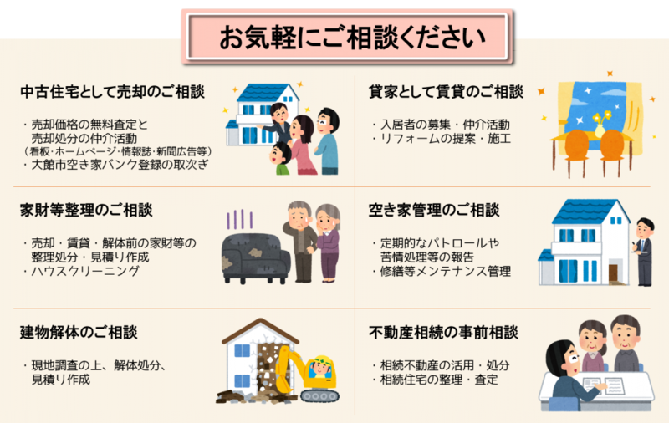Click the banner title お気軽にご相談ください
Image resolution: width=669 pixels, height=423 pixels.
point(352,37)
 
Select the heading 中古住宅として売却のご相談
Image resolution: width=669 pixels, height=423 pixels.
point(113,92)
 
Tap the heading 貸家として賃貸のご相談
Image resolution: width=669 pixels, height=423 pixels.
point(446,92)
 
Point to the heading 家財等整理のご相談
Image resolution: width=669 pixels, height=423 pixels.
point(86,210)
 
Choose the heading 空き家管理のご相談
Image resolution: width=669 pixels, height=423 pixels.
point(434,210)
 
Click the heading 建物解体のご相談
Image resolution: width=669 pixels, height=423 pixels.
point(79,332)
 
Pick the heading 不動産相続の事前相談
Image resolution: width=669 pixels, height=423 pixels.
point(443,332)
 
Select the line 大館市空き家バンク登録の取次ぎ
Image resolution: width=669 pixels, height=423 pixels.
point(116,165)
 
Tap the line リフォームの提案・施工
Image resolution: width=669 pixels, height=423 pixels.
point(442,138)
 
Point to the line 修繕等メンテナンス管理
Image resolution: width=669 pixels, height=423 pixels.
point(442,271)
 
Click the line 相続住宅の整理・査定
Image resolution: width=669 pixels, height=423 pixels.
point(435,379)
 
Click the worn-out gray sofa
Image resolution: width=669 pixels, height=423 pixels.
point(255,258)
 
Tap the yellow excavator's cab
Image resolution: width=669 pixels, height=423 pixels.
point(321,369)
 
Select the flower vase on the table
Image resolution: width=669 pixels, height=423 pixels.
point(600,128)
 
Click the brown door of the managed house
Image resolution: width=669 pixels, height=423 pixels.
point(613,273)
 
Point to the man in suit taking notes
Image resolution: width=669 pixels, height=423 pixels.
point(644,252)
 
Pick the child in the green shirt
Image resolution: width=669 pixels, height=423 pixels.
point(281,158)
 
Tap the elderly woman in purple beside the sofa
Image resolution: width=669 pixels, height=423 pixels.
point(327,243)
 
